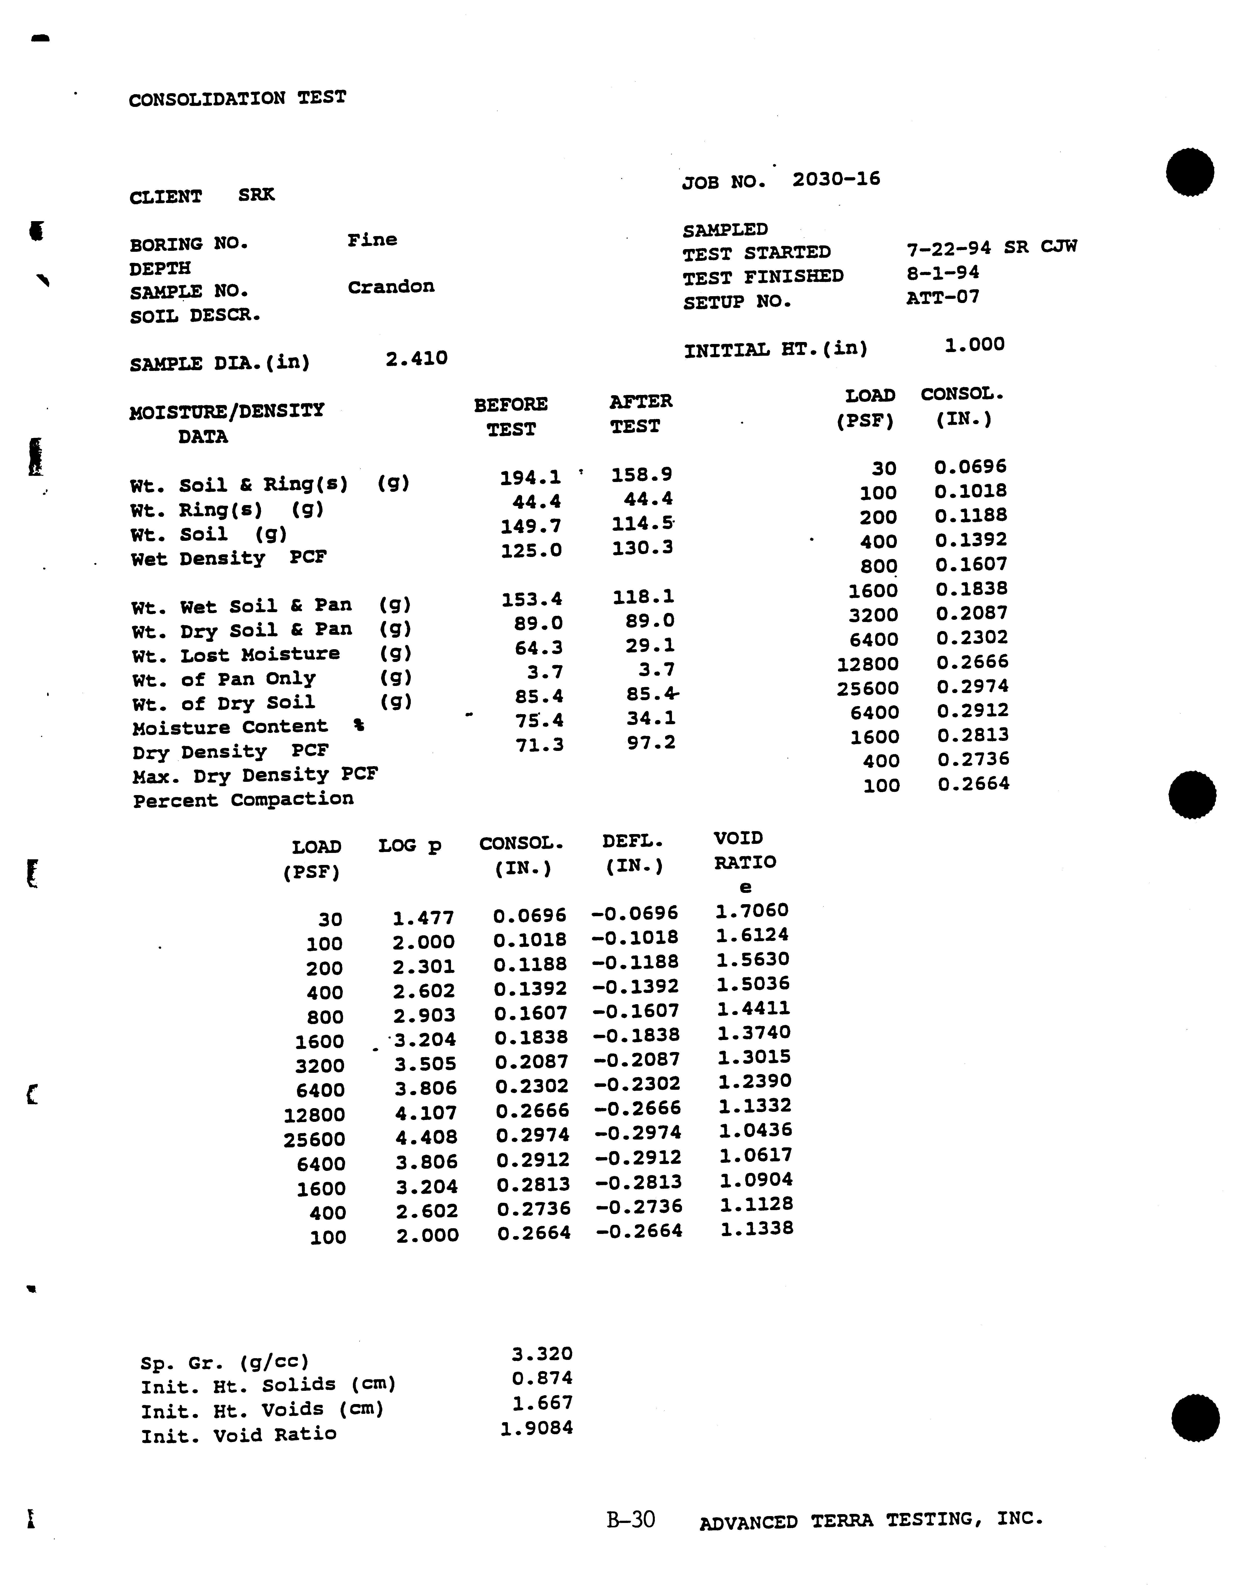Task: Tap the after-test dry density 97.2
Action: coord(651,743)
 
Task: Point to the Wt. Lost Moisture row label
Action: coord(235,654)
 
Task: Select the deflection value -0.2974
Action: coord(637,1133)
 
